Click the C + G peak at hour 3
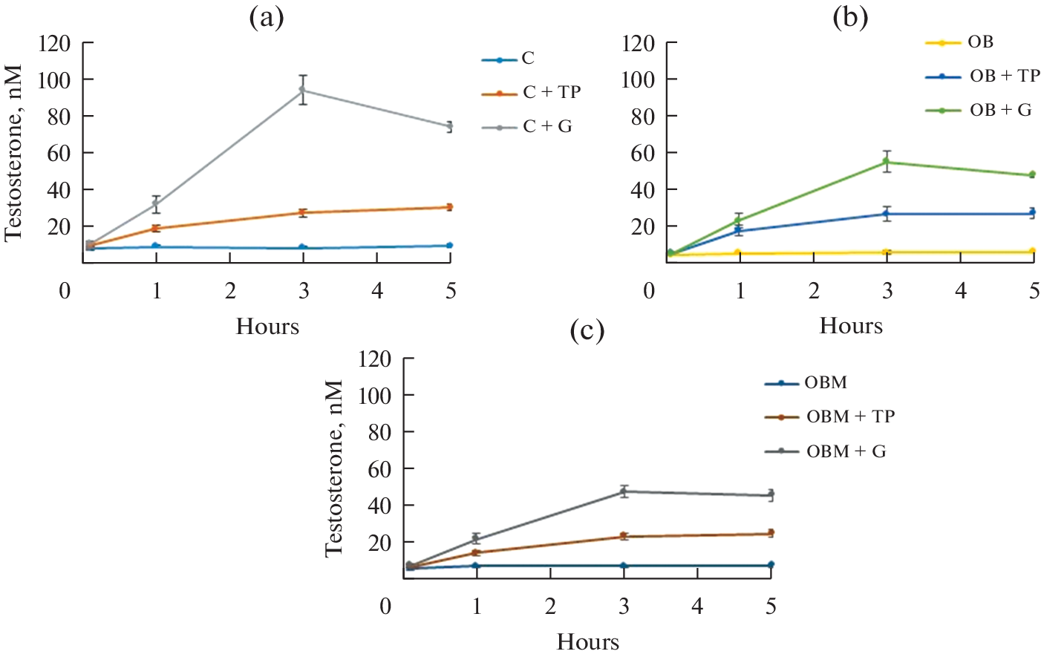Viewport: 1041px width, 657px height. tap(303, 90)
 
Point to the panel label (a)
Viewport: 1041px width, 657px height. tap(267, 17)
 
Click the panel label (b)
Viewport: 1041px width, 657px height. tap(850, 17)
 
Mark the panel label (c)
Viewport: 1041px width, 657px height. tap(587, 330)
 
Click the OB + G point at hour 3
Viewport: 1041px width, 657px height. tap(887, 162)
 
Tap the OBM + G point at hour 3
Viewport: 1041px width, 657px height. tap(624, 491)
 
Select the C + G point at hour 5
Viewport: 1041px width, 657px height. tap(450, 126)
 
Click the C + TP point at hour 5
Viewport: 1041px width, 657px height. tap(450, 207)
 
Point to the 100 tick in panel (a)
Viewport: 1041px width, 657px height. tap(55, 79)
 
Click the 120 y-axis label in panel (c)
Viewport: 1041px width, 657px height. tap(374, 359)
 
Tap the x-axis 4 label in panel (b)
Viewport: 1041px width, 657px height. tap(961, 291)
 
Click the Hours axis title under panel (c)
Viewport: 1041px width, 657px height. tap(588, 641)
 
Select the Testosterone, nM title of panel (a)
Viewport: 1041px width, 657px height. tap(13, 153)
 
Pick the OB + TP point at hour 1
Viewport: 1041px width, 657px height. tap(740, 231)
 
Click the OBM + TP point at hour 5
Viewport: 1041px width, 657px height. tap(771, 533)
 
